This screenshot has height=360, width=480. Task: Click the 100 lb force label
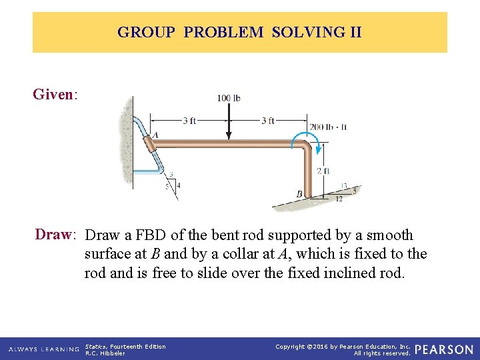point(229,98)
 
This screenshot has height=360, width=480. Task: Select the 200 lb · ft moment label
point(328,127)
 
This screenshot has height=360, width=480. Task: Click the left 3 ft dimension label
point(189,121)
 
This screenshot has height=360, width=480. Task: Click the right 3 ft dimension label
point(267,121)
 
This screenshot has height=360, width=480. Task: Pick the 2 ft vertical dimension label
point(323,171)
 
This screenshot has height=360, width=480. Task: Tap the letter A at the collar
point(156,135)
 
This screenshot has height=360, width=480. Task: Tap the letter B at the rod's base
point(299,194)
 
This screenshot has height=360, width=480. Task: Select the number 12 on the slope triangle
point(339,198)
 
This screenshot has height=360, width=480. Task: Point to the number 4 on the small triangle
point(178,185)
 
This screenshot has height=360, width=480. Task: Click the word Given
point(53,94)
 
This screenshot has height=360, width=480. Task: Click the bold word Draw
point(53,235)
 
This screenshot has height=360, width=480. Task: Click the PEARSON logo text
point(444,349)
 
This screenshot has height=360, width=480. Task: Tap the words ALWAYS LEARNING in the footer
point(45,349)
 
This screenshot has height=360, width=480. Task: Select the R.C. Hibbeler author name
point(105,353)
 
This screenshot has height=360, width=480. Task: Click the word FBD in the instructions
point(151,235)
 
